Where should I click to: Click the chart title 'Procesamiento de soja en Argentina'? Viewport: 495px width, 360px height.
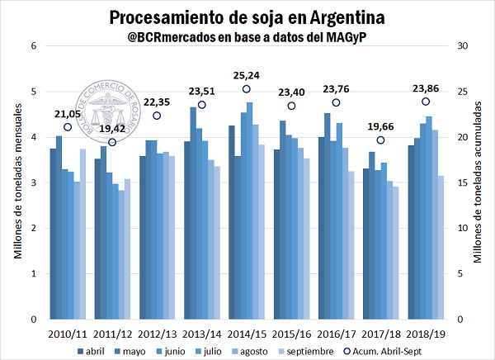coord(248,17)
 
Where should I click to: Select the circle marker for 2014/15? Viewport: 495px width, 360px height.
coord(247,89)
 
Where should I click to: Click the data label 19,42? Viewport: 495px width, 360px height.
coord(112,129)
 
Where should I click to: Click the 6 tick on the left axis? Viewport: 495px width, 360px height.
coord(35,46)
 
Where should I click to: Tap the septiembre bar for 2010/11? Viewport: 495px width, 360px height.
coord(82,234)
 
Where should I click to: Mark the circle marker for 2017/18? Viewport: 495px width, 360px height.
coord(380,140)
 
